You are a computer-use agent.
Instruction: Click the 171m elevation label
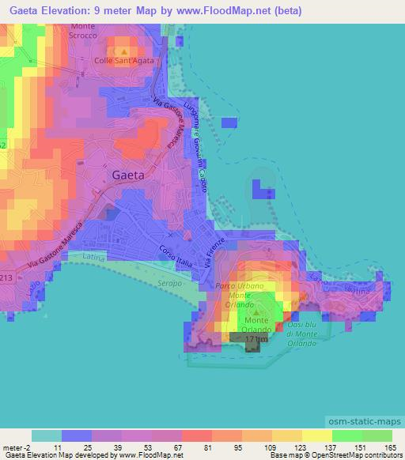click(x=253, y=340)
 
